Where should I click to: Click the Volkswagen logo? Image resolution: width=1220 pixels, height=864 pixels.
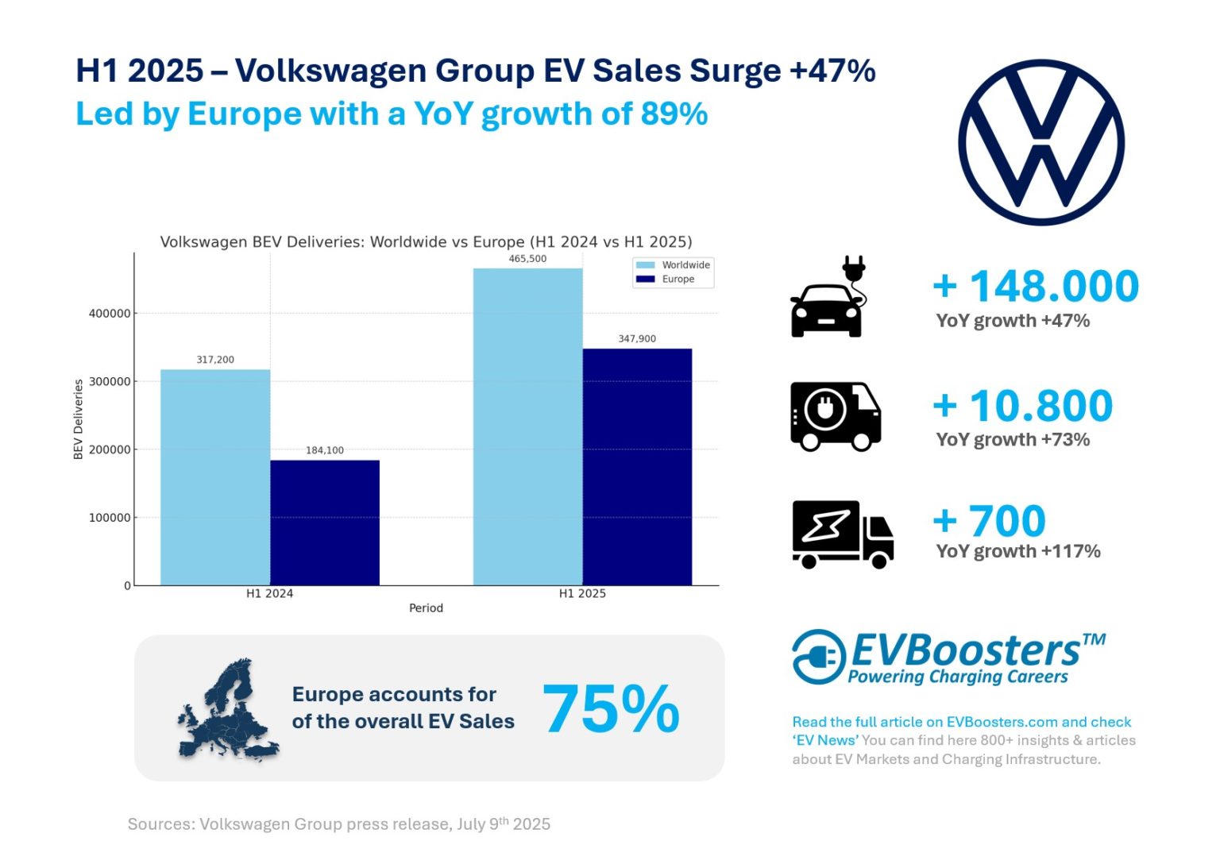click(1040, 142)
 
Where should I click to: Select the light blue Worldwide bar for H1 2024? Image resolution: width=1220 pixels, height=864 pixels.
click(215, 476)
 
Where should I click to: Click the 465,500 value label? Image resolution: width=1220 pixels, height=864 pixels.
click(527, 259)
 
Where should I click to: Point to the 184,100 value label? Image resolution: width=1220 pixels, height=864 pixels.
click(325, 450)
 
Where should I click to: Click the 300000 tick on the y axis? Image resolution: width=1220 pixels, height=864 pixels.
click(110, 382)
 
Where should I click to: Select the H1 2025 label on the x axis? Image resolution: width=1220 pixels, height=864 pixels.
click(582, 593)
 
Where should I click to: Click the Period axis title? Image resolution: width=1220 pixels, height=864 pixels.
click(426, 608)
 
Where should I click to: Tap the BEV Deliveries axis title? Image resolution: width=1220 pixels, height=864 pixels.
click(79, 418)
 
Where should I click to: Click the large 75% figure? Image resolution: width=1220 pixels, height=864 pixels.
click(611, 709)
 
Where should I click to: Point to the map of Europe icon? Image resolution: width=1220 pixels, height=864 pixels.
click(228, 709)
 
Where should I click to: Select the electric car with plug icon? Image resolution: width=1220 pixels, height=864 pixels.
click(828, 298)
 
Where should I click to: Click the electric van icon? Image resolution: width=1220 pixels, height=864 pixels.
click(836, 416)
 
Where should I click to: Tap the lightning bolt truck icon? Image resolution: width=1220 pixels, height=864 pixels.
click(842, 534)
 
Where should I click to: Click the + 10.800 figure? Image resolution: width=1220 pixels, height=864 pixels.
click(1023, 406)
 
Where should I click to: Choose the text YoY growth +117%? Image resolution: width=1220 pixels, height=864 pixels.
click(1017, 551)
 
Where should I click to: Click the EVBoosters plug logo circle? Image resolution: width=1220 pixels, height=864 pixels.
click(819, 657)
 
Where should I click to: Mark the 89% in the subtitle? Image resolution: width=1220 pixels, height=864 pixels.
click(674, 114)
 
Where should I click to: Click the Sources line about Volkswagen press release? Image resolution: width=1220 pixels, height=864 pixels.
click(339, 824)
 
